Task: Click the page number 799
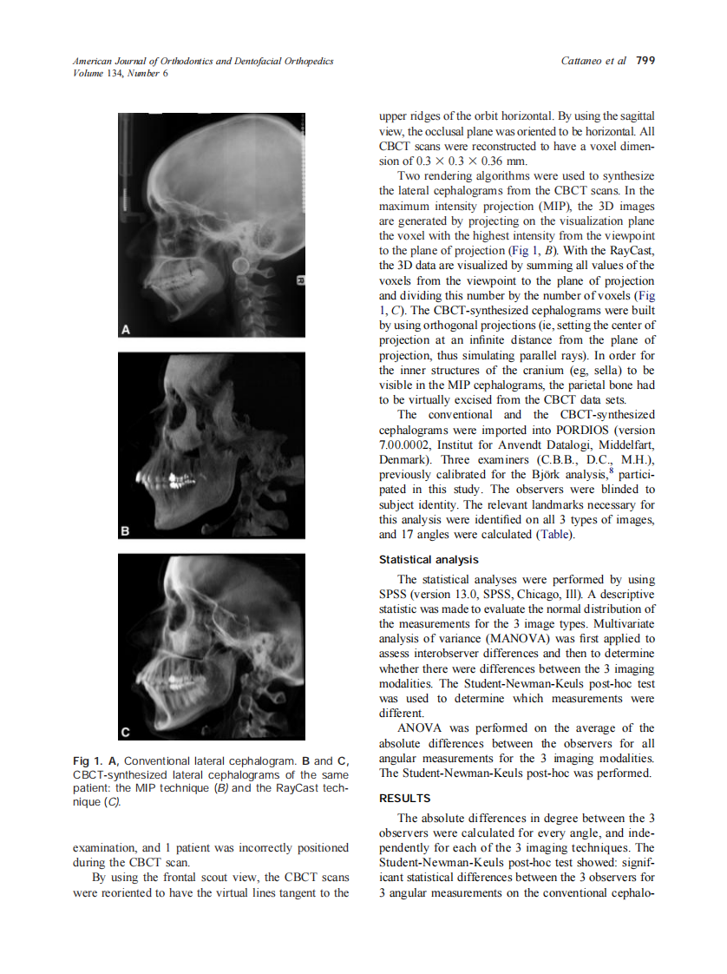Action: point(645,61)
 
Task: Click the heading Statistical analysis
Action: point(429,560)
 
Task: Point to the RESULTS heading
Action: point(405,798)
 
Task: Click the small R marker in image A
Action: point(300,280)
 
